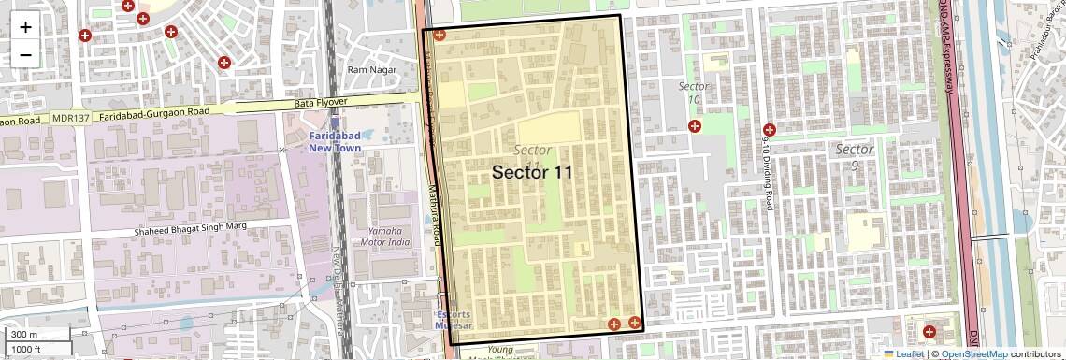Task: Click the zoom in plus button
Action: point(25,26)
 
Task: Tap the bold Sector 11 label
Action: point(532,172)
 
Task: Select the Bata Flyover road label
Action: point(321,102)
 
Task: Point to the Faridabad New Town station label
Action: point(334,141)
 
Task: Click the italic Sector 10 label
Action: point(693,93)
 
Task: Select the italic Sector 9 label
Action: point(854,157)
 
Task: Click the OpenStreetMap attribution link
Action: point(973,353)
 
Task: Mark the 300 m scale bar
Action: point(37,335)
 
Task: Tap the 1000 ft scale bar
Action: point(37,349)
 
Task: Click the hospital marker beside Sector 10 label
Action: point(694,126)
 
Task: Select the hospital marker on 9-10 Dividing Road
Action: point(770,130)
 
